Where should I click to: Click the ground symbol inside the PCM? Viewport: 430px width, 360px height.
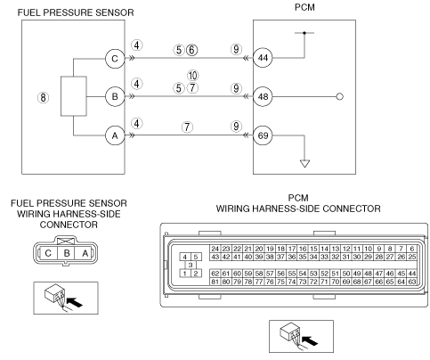(x=304, y=163)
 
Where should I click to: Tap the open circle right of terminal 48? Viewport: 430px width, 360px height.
(x=340, y=96)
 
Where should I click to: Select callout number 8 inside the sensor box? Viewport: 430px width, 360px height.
(x=44, y=97)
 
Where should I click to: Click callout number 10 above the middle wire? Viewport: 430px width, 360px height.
(x=193, y=76)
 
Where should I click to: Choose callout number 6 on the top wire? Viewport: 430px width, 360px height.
(x=191, y=50)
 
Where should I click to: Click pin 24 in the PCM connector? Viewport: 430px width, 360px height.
(x=215, y=249)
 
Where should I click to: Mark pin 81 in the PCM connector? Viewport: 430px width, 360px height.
(x=215, y=282)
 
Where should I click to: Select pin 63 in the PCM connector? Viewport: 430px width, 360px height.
(x=411, y=282)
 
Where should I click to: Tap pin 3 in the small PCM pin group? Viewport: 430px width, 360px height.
(x=191, y=265)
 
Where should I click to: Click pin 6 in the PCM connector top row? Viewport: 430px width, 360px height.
(x=411, y=249)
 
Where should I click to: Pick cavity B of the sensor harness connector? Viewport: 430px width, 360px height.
(x=67, y=253)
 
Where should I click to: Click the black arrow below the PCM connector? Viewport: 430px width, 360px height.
(x=310, y=340)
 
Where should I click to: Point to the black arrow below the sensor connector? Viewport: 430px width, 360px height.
(x=74, y=302)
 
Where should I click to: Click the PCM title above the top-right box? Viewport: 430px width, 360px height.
(x=304, y=7)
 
